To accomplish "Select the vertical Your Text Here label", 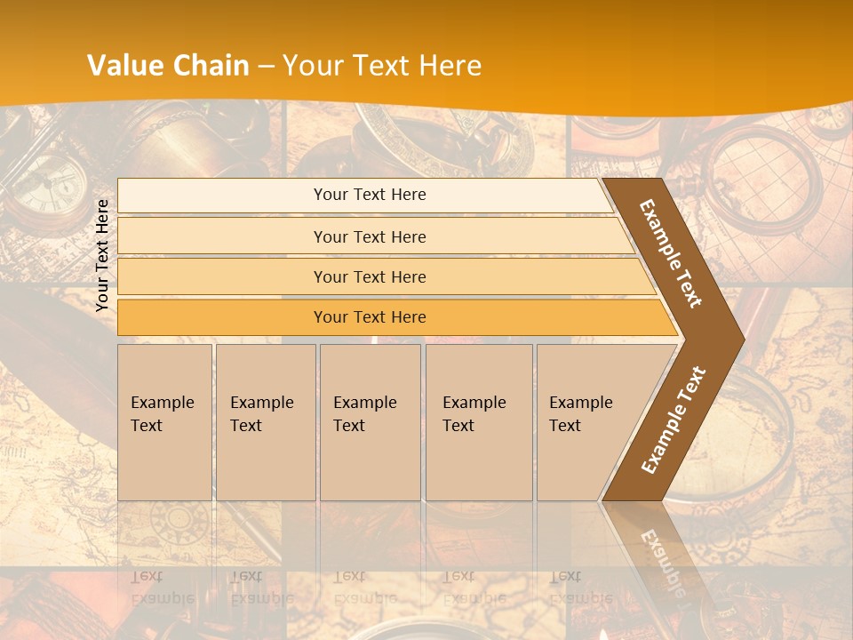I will coord(102,255).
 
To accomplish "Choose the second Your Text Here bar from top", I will coord(370,236).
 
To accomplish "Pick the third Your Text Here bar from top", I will coord(370,276).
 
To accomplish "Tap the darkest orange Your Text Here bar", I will coord(370,317).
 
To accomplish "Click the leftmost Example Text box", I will coord(164,422).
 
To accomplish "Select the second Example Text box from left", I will coord(266,422).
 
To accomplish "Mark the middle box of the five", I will coord(370,422).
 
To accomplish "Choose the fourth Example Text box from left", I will coord(479,422).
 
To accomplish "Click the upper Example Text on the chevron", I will coord(671,253).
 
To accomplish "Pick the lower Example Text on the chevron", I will coord(673,420).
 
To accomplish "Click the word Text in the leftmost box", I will coord(147,426).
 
